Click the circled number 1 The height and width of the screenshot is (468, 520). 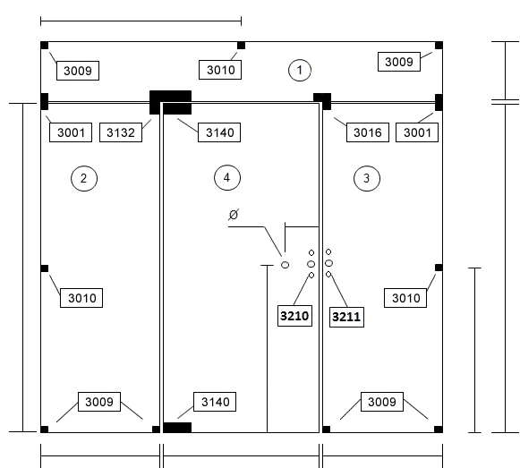(x=300, y=70)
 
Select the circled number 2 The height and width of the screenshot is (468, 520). (x=84, y=178)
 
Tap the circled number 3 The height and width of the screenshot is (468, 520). (x=367, y=178)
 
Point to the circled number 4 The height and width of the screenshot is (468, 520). (x=227, y=178)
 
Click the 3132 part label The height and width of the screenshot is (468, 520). (x=121, y=132)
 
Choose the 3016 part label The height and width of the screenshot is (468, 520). (x=368, y=132)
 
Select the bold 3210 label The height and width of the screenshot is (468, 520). (x=294, y=316)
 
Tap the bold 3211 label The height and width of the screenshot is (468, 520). (x=346, y=317)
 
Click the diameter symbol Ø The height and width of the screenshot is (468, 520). (x=234, y=215)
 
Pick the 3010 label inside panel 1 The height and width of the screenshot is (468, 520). (x=220, y=70)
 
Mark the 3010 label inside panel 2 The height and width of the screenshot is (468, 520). (x=81, y=298)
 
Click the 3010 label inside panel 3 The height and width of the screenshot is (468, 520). (x=405, y=298)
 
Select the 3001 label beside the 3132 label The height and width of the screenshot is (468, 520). (x=71, y=132)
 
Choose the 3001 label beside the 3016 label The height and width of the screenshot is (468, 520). (x=417, y=132)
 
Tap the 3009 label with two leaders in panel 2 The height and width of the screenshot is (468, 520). (x=99, y=402)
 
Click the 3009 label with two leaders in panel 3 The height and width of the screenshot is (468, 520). (x=382, y=402)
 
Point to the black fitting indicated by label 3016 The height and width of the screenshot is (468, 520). (x=323, y=100)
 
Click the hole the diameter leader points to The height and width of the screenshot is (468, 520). (x=285, y=265)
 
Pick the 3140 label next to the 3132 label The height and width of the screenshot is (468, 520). (x=219, y=132)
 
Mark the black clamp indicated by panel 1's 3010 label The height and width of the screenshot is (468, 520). (x=241, y=46)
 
